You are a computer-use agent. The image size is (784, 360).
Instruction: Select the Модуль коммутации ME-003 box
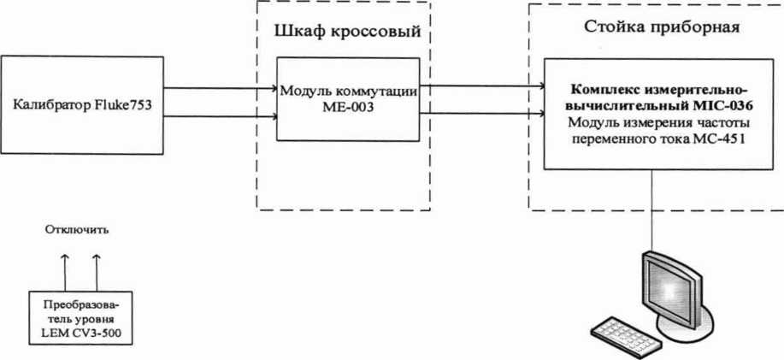tap(347, 100)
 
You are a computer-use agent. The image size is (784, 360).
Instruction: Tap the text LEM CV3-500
tap(81, 332)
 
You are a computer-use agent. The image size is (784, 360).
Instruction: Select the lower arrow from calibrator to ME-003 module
tap(219, 115)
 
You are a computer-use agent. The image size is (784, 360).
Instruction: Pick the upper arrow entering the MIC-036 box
tap(482, 85)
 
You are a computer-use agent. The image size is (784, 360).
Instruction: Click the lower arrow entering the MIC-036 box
tap(482, 111)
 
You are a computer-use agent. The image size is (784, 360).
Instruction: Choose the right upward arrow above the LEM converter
tap(96, 272)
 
